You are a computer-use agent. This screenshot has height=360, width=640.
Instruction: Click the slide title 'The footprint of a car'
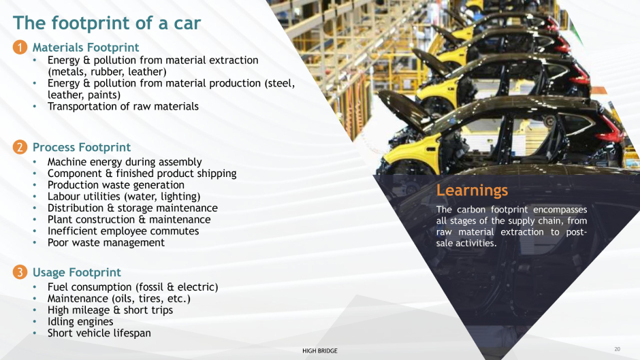coord(107,23)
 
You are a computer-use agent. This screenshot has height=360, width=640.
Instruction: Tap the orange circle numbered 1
coord(20,48)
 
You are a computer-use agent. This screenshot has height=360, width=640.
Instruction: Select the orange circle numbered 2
coord(20,147)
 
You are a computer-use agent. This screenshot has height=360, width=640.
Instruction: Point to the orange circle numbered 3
coord(20,272)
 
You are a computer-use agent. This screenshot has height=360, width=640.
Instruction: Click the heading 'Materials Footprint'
coord(86,48)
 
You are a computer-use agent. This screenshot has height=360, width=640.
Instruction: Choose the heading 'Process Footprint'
coord(82,147)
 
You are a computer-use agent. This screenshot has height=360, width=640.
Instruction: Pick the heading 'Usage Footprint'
coord(77,272)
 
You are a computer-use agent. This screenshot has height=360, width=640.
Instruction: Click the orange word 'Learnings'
coord(472,191)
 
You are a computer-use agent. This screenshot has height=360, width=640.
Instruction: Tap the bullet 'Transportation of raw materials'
coord(123,107)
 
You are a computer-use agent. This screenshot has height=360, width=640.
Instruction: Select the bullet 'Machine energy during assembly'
coord(125,162)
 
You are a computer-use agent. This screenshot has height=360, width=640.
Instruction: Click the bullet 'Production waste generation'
coord(116,185)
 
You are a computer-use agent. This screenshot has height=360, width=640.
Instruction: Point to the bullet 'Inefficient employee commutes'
coord(123,231)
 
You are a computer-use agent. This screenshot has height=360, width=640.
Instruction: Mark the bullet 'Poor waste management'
coord(106,243)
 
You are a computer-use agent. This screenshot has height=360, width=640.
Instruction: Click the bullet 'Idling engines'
coord(80,322)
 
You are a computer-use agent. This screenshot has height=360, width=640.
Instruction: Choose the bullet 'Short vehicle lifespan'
coord(99,333)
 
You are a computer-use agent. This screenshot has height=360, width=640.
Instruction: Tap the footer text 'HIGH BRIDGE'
coord(320,350)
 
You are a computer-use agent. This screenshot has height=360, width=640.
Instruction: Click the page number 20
coord(617,349)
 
